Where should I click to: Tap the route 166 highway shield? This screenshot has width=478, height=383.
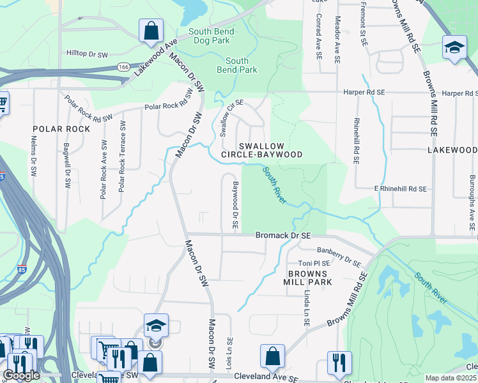(x=123, y=66)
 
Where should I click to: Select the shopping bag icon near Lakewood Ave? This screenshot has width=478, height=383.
(x=151, y=31)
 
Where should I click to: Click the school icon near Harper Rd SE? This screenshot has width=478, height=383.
(x=454, y=49)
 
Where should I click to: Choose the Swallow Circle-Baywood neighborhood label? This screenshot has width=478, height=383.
(x=261, y=150)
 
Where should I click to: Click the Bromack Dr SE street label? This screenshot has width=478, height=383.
(x=282, y=236)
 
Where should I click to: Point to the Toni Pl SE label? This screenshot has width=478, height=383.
(x=314, y=263)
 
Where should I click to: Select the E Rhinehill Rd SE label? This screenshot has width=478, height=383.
(x=400, y=189)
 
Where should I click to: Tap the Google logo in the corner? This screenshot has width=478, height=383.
(x=21, y=375)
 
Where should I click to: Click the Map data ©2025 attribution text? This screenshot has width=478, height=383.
(x=451, y=378)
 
